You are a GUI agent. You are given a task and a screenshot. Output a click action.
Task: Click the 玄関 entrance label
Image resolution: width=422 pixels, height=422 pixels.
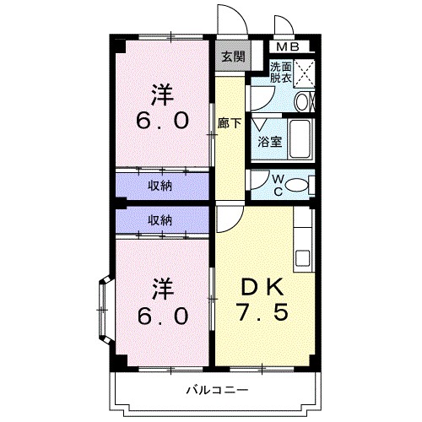233,57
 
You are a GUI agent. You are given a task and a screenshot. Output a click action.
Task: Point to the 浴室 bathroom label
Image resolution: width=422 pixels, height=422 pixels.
270,142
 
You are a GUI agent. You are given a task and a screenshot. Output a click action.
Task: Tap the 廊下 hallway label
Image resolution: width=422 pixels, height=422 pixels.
229,122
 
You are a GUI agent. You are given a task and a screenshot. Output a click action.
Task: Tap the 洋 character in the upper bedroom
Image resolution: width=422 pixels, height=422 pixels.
163,91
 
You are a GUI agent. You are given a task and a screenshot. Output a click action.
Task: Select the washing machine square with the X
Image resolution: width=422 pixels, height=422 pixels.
304,71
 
